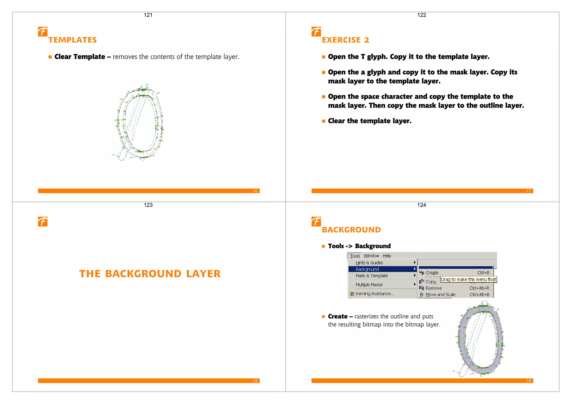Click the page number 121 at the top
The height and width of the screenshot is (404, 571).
[148, 15]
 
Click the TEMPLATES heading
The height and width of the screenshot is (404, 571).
[72, 40]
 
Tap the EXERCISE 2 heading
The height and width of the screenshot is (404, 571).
[345, 40]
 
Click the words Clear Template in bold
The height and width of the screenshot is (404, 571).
[80, 57]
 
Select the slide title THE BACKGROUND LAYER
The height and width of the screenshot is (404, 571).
[150, 274]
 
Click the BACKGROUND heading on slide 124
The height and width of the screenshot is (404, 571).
[351, 230]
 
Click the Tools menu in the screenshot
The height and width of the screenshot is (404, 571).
[355, 256]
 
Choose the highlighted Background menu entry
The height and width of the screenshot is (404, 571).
[367, 269]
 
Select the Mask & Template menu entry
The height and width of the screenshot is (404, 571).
[372, 276]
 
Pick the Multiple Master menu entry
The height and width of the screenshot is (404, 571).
[369, 285]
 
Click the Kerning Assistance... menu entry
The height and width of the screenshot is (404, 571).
[375, 294]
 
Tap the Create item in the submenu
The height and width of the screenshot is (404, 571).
[432, 273]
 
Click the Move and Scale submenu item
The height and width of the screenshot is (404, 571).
[440, 295]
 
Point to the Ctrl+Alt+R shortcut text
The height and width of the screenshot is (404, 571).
[479, 288]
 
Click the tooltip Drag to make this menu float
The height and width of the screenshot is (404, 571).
[468, 279]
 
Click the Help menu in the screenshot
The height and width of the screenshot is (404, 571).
[387, 256]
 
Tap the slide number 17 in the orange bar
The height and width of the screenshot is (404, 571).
[528, 191]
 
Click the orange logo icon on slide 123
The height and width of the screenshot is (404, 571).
[43, 222]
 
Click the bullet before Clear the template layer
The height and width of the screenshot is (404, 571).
[323, 121]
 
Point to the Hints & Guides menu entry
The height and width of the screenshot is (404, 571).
[369, 263]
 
